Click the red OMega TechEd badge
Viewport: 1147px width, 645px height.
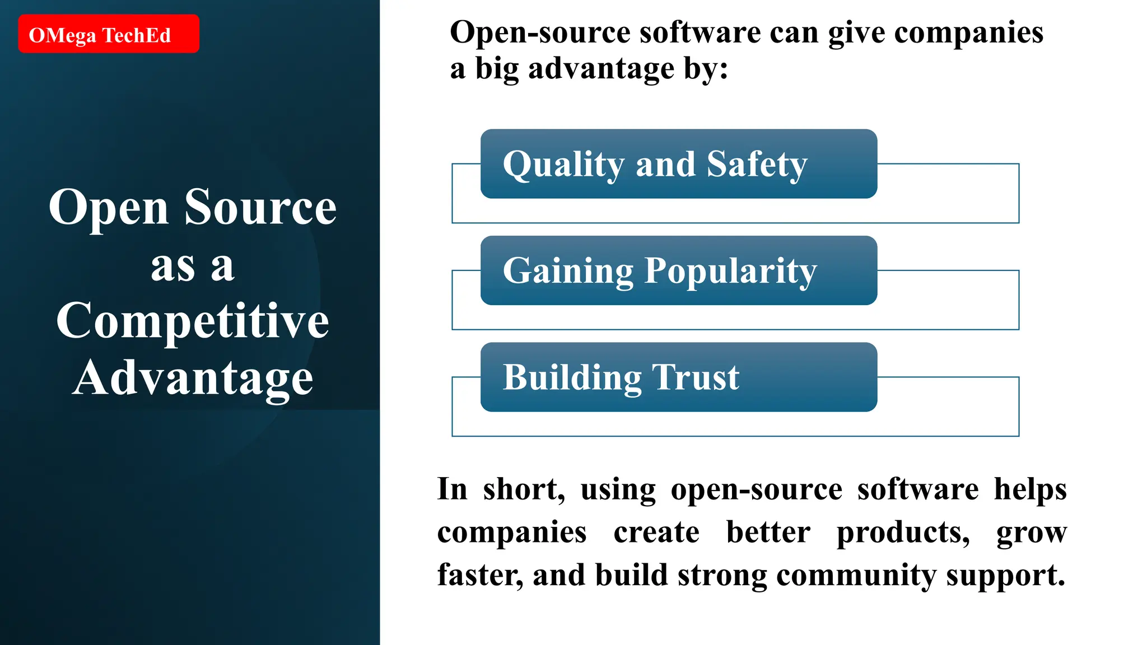tap(108, 34)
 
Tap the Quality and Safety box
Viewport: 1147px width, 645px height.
tap(678, 163)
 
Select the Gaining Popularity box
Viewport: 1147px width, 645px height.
tap(678, 270)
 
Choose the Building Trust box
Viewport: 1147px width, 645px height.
tap(678, 377)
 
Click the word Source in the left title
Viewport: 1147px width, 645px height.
tap(260, 207)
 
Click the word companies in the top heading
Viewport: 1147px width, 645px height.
tap(968, 32)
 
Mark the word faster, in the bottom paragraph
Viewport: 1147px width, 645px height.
tap(480, 576)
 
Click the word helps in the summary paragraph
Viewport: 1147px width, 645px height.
tap(1030, 490)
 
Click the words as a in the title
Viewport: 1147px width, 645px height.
tap(192, 266)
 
